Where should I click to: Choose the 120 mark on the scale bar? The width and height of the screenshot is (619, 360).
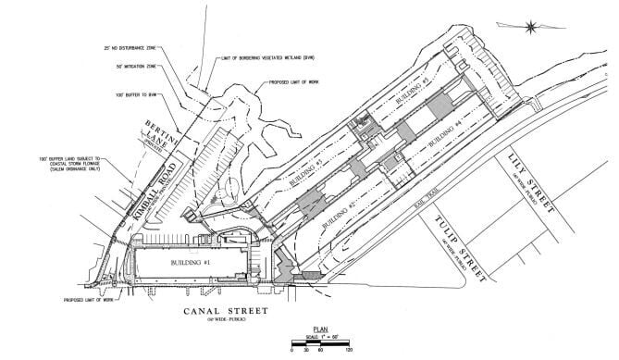(x=351, y=352)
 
